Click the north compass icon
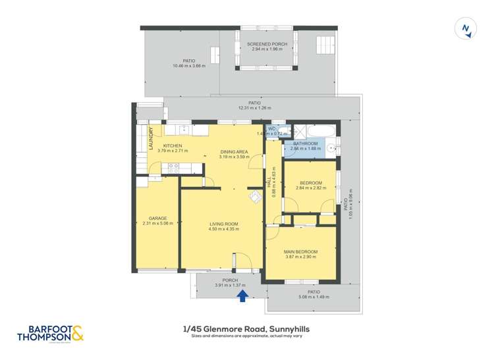(466, 29)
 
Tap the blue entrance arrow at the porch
(242, 296)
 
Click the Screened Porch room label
(267, 44)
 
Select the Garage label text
(157, 219)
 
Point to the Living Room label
(223, 224)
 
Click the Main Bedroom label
(301, 252)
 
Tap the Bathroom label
(306, 143)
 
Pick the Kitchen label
(173, 146)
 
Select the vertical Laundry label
(151, 140)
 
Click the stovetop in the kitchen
(173, 167)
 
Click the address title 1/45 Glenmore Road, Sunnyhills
(246, 328)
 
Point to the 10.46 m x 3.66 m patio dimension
(189, 66)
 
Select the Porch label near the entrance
(231, 280)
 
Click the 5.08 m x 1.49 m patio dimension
(314, 297)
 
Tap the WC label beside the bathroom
(271, 129)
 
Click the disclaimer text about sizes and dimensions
(246, 336)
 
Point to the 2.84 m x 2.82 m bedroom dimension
(310, 188)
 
